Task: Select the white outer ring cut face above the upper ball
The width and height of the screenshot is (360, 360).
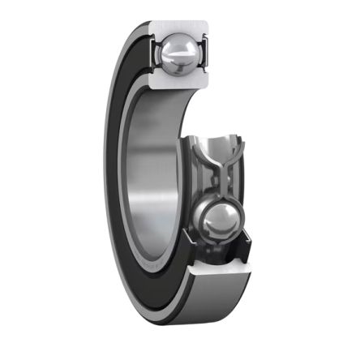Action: [x=180, y=27]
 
